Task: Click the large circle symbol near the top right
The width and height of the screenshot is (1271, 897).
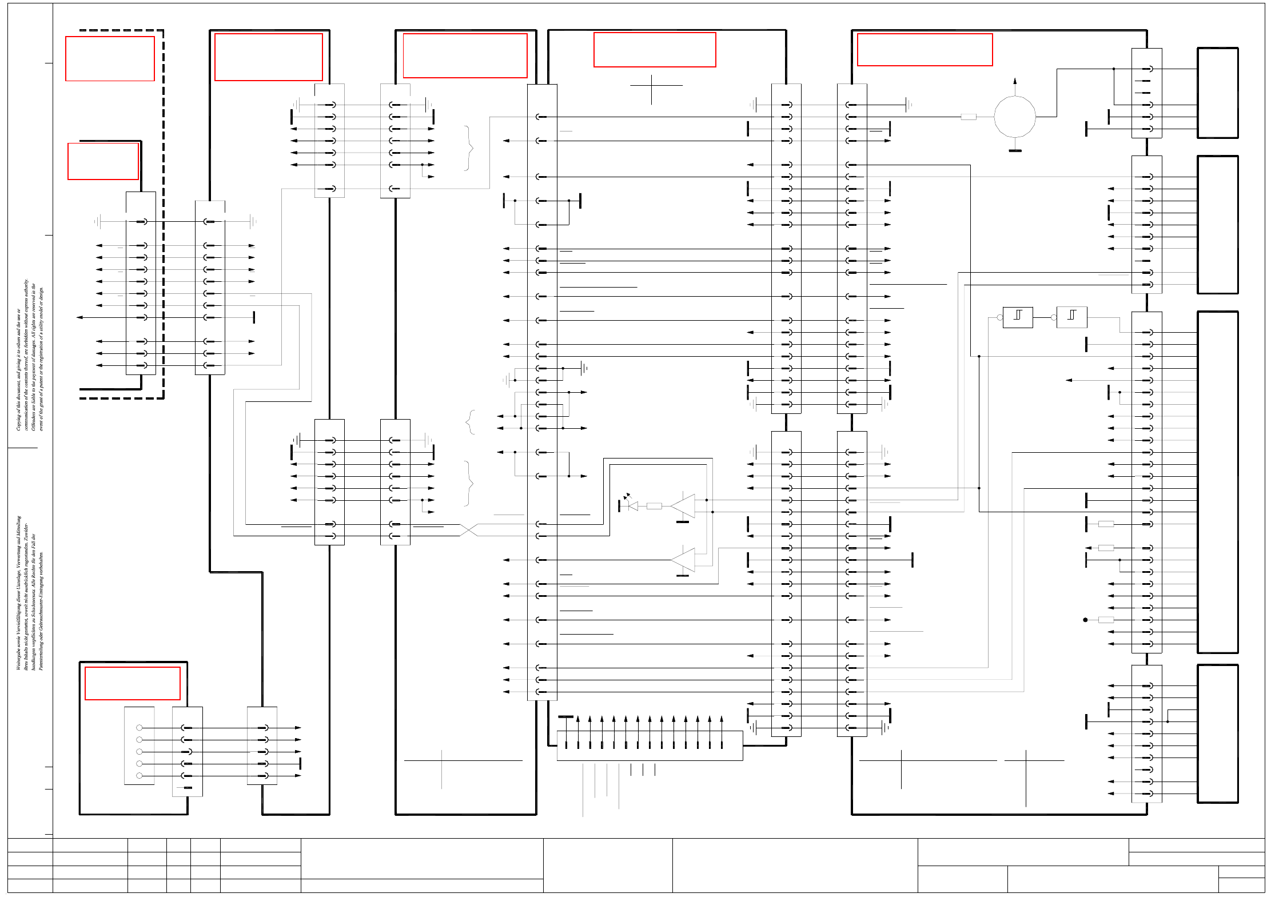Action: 1014,117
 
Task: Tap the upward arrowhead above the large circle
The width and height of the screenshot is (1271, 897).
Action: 1015,81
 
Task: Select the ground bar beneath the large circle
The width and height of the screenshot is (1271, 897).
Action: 1015,151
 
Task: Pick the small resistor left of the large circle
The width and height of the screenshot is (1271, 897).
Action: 969,117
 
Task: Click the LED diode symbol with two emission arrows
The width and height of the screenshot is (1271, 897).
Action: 632,505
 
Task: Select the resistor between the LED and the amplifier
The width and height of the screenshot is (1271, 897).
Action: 654,506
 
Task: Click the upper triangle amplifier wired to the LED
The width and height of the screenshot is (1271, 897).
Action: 684,506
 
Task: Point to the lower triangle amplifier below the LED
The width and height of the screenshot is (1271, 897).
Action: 684,560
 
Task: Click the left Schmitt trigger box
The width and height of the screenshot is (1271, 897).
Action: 1018,317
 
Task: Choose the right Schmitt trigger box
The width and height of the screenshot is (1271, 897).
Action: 1071,317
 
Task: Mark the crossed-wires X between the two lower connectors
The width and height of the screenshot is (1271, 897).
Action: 469,530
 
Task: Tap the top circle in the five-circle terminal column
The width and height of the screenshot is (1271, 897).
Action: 139,728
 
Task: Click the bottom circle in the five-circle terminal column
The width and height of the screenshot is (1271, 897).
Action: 139,776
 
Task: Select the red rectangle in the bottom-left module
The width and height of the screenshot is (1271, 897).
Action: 133,683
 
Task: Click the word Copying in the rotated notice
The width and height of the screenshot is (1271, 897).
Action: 18,420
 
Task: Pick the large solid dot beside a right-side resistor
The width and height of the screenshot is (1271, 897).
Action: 1085,620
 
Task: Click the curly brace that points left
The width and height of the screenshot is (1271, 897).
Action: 470,422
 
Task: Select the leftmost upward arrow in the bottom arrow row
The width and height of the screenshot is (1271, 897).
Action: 578,719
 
